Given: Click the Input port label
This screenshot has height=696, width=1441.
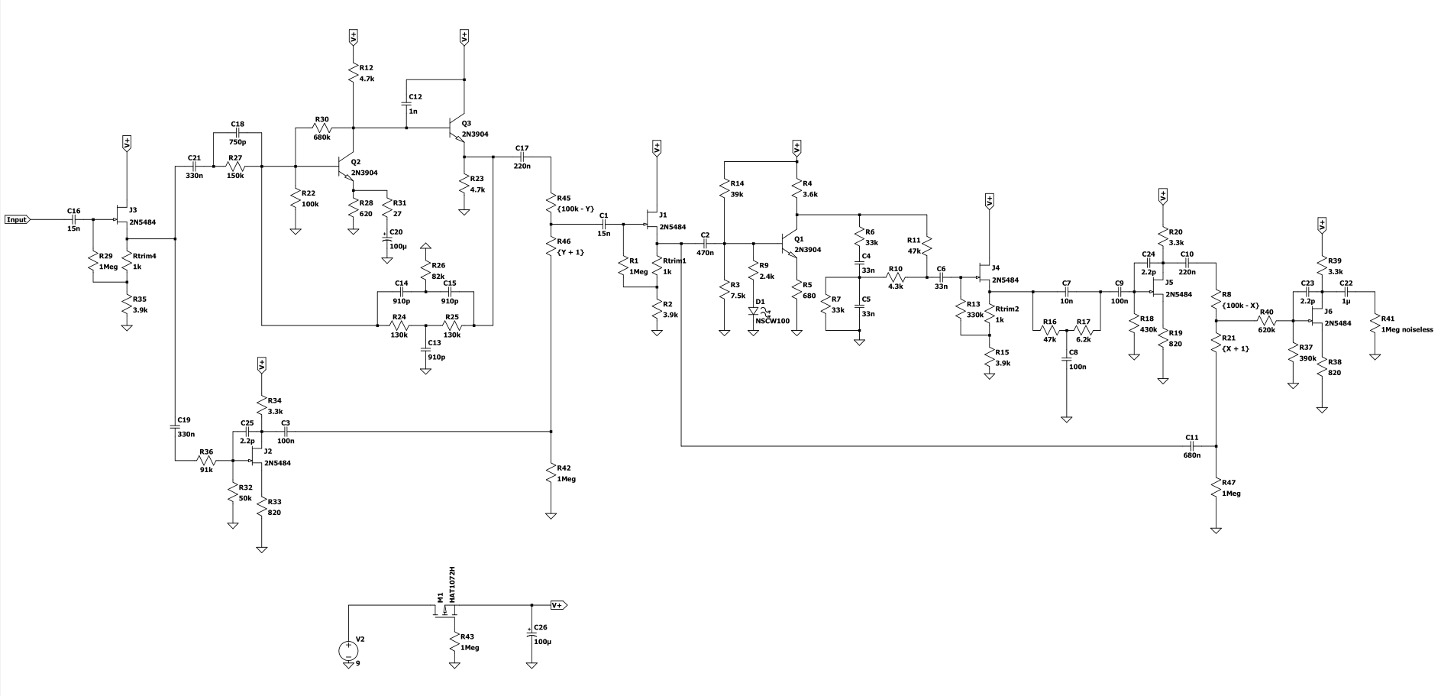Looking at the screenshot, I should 17,220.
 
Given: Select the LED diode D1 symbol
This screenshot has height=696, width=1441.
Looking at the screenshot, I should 754,311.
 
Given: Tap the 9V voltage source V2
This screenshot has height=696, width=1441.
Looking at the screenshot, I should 349,651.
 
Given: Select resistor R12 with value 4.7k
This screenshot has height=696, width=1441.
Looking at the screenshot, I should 354,73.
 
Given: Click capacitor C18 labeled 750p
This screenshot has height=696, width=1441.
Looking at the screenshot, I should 237,133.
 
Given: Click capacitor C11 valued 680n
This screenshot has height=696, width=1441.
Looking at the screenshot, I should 1192,446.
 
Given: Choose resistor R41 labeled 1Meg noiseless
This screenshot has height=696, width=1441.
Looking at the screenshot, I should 1374,325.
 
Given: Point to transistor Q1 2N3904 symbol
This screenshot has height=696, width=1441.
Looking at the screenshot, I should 790,244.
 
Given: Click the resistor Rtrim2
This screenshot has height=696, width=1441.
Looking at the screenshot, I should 989,315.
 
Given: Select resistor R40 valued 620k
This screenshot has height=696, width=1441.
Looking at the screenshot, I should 1267,321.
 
